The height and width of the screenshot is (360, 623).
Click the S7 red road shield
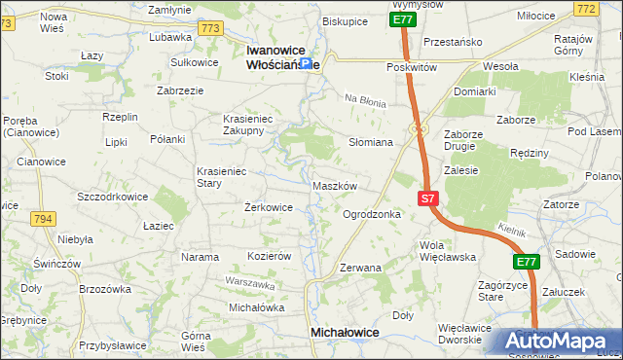(428, 198)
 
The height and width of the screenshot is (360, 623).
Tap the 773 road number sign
(208, 28)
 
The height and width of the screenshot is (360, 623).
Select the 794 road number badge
(43, 220)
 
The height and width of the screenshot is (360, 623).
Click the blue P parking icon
(306, 63)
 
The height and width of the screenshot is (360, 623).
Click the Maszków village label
(336, 186)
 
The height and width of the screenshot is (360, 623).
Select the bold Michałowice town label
(344, 332)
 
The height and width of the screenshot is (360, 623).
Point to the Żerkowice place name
(268, 207)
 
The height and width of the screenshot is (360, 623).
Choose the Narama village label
(200, 257)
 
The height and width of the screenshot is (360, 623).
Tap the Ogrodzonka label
(372, 214)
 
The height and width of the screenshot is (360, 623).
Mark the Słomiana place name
(371, 142)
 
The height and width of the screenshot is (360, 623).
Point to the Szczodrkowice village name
(113, 196)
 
